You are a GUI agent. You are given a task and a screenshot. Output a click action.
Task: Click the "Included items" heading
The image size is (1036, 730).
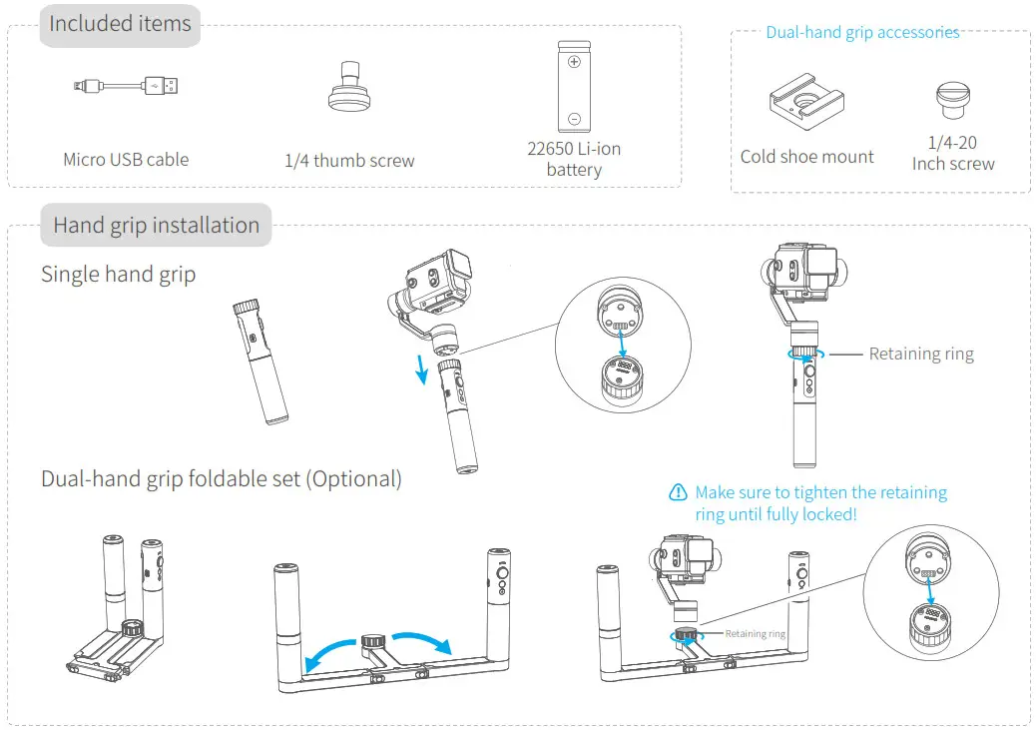pyautogui.click(x=120, y=24)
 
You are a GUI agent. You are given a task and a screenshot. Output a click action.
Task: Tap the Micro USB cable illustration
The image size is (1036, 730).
pyautogui.click(x=126, y=87)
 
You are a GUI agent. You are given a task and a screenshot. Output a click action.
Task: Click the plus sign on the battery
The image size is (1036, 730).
pyautogui.click(x=574, y=62)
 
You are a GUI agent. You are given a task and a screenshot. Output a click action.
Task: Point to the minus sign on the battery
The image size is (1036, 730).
pyautogui.click(x=574, y=119)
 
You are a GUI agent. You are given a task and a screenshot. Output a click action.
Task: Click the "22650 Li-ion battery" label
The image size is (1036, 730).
pyautogui.click(x=574, y=159)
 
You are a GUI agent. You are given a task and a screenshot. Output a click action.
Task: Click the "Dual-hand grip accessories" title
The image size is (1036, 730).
pyautogui.click(x=862, y=32)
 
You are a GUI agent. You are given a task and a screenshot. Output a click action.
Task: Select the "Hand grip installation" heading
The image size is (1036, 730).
pyautogui.click(x=156, y=226)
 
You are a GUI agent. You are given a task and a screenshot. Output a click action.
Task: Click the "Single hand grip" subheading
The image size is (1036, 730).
pyautogui.click(x=118, y=274)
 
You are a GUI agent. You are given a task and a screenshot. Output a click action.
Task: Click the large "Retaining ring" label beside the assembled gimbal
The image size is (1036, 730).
pyautogui.click(x=920, y=354)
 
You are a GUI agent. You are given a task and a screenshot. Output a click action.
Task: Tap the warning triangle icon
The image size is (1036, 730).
pyautogui.click(x=679, y=492)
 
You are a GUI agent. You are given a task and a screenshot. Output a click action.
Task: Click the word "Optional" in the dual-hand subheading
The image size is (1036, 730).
pyautogui.click(x=353, y=479)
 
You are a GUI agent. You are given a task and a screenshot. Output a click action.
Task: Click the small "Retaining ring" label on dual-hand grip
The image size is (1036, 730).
pyautogui.click(x=755, y=633)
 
